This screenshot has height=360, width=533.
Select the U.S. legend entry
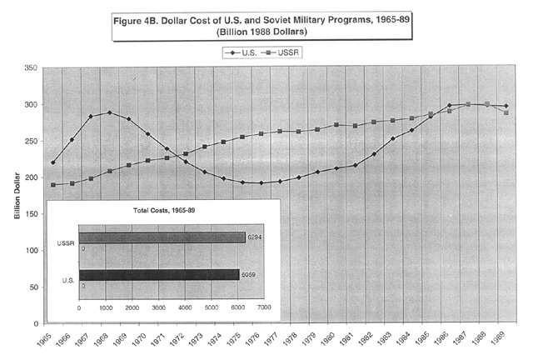click(x=241, y=52)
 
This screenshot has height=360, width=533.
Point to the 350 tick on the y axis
click(x=31, y=68)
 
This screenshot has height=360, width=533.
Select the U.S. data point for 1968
click(x=109, y=112)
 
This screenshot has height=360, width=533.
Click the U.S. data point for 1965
click(x=52, y=162)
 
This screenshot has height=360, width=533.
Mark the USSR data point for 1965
click(x=52, y=185)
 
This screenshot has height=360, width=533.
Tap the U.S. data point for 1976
click(x=261, y=183)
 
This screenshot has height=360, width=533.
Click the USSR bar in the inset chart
click(x=162, y=237)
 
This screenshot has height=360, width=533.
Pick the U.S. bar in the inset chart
click(x=159, y=274)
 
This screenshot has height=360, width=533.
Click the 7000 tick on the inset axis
click(x=264, y=307)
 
